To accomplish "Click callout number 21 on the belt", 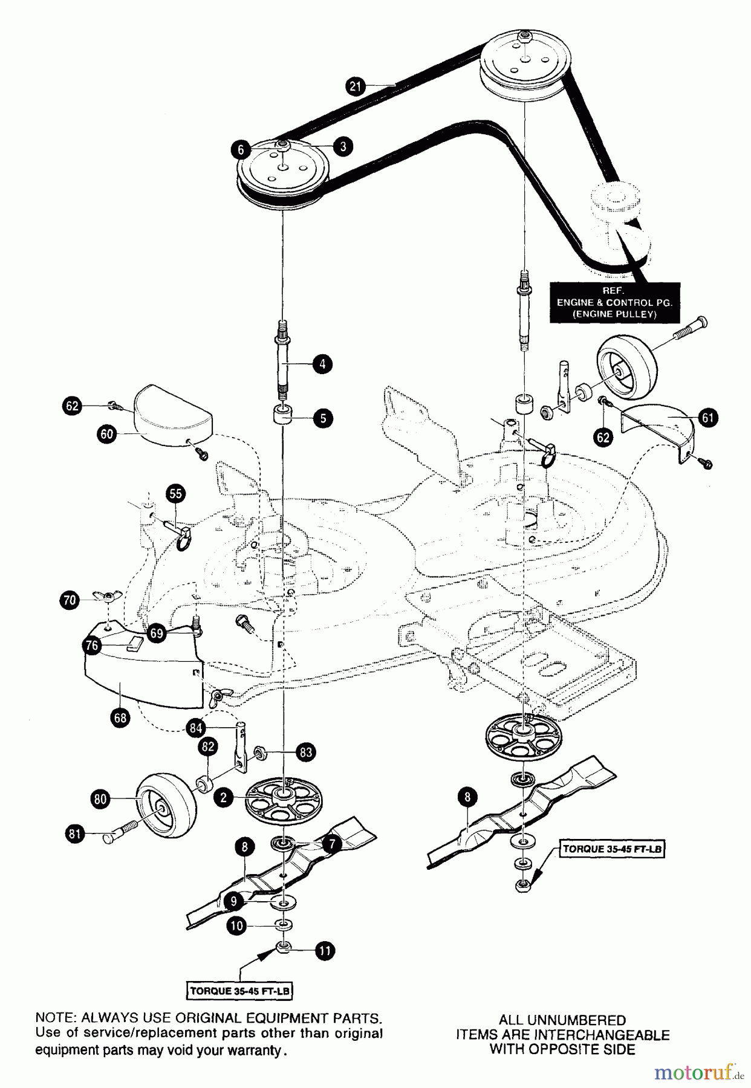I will [x=356, y=86].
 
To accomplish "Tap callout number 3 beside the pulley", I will [x=343, y=146].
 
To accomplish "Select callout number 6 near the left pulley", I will [x=241, y=149].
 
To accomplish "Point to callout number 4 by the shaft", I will [x=322, y=364].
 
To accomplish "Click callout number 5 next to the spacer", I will [x=322, y=418].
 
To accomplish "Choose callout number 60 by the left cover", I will [x=107, y=434].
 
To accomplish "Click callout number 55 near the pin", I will [x=175, y=494].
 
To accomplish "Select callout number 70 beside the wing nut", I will [x=70, y=600].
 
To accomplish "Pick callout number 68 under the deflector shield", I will [x=120, y=717].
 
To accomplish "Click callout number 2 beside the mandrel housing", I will [x=224, y=798].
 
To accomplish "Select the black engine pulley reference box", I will [x=614, y=302].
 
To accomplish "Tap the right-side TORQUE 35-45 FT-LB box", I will [x=613, y=849].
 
